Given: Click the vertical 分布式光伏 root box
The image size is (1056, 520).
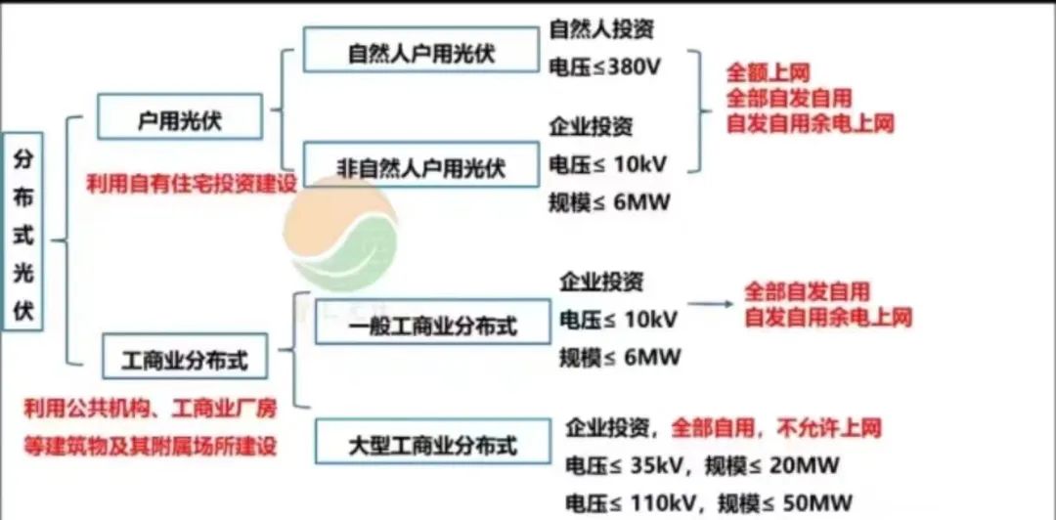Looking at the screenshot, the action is point(22,231).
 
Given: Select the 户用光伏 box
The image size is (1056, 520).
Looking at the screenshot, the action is point(180,116).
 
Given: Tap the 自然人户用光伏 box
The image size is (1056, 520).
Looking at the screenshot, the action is point(420,49).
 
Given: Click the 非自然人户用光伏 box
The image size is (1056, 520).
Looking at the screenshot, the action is point(420,164).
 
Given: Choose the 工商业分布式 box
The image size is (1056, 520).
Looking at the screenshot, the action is point(185,356).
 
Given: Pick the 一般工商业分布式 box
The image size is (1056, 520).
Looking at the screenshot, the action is point(432,322).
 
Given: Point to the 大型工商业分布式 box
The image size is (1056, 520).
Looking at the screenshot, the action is point(432,441).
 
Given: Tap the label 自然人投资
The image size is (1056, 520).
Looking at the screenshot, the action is point(602,29).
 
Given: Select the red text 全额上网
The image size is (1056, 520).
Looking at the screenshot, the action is point(768,72).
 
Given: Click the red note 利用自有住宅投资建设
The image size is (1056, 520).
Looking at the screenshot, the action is point(192,183).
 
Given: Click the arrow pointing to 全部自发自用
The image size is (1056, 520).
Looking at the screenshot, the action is point(711,304).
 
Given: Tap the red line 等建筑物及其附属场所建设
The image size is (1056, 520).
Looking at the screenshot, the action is point(151,447).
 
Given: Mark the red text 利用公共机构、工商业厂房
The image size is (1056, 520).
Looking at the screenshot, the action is point(151,409).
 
